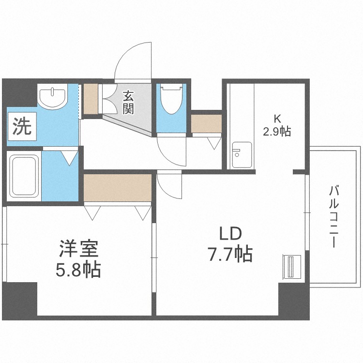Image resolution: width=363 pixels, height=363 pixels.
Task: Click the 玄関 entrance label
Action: pyautogui.click(x=128, y=101)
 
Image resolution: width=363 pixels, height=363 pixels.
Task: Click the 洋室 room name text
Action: pyautogui.click(x=78, y=251)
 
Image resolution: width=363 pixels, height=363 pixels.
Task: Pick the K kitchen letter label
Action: pyautogui.click(x=277, y=118)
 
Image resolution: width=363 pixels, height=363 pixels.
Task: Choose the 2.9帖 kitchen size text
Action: pyautogui.click(x=277, y=131)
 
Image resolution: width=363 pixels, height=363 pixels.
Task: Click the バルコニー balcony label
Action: pyautogui.click(x=333, y=216)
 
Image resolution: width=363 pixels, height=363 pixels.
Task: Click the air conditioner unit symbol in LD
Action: pyautogui.click(x=291, y=267)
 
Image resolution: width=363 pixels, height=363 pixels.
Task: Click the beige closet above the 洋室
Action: pyautogui.click(x=117, y=187)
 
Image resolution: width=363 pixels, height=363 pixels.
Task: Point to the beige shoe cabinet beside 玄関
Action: pyautogui.click(x=91, y=99)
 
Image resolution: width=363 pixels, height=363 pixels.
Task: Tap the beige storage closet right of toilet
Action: pyautogui.click(x=206, y=123)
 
